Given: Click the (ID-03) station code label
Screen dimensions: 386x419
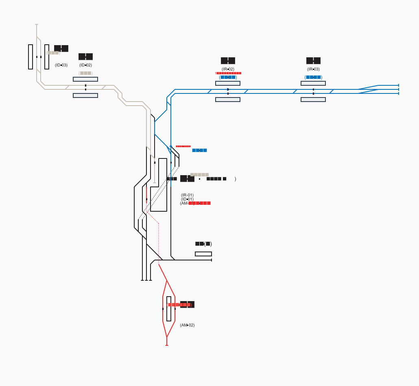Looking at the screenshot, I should pos(61,65).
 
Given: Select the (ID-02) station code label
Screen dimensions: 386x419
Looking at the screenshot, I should pos(85,65).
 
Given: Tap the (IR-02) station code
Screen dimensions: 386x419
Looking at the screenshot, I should pos(228,69).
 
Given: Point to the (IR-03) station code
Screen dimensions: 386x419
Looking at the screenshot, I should pos(313,69).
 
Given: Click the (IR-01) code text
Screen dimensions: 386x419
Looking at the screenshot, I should pos(187,195).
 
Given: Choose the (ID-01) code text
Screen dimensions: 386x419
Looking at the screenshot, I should pos(187,199).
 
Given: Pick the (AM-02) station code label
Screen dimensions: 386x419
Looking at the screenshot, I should pos(187,325).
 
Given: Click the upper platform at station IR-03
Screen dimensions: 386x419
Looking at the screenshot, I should pos(313,83).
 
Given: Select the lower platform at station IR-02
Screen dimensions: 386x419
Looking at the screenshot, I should pos(228,100).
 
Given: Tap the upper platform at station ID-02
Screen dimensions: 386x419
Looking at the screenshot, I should pos(85,79).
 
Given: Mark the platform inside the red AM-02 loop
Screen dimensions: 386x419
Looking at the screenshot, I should pos(169,309).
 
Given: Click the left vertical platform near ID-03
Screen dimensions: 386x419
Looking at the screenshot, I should pos(31,57).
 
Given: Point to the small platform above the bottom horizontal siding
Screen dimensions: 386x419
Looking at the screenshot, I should pos(203,254).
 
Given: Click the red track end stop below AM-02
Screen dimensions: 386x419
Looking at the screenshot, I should pos(167,345).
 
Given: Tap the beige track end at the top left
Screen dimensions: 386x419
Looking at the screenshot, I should pos(37,25).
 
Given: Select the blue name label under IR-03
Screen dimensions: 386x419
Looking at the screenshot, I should pos(313,77).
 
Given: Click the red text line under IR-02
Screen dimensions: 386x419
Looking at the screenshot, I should pos(228,73).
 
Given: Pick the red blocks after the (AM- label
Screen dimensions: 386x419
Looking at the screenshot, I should pos(199,203).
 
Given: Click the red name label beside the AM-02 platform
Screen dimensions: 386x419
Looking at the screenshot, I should pos(179,304).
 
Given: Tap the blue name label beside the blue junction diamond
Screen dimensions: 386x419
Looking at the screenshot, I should pos(199,150).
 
